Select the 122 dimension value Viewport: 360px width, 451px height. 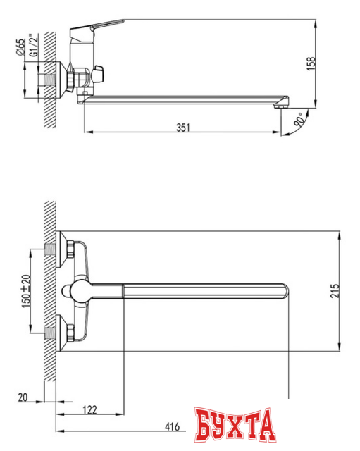click(89, 409)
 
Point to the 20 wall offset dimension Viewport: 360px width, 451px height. click(24, 398)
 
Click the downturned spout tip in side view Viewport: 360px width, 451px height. click(283, 103)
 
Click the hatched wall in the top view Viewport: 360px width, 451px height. click(50, 289)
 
